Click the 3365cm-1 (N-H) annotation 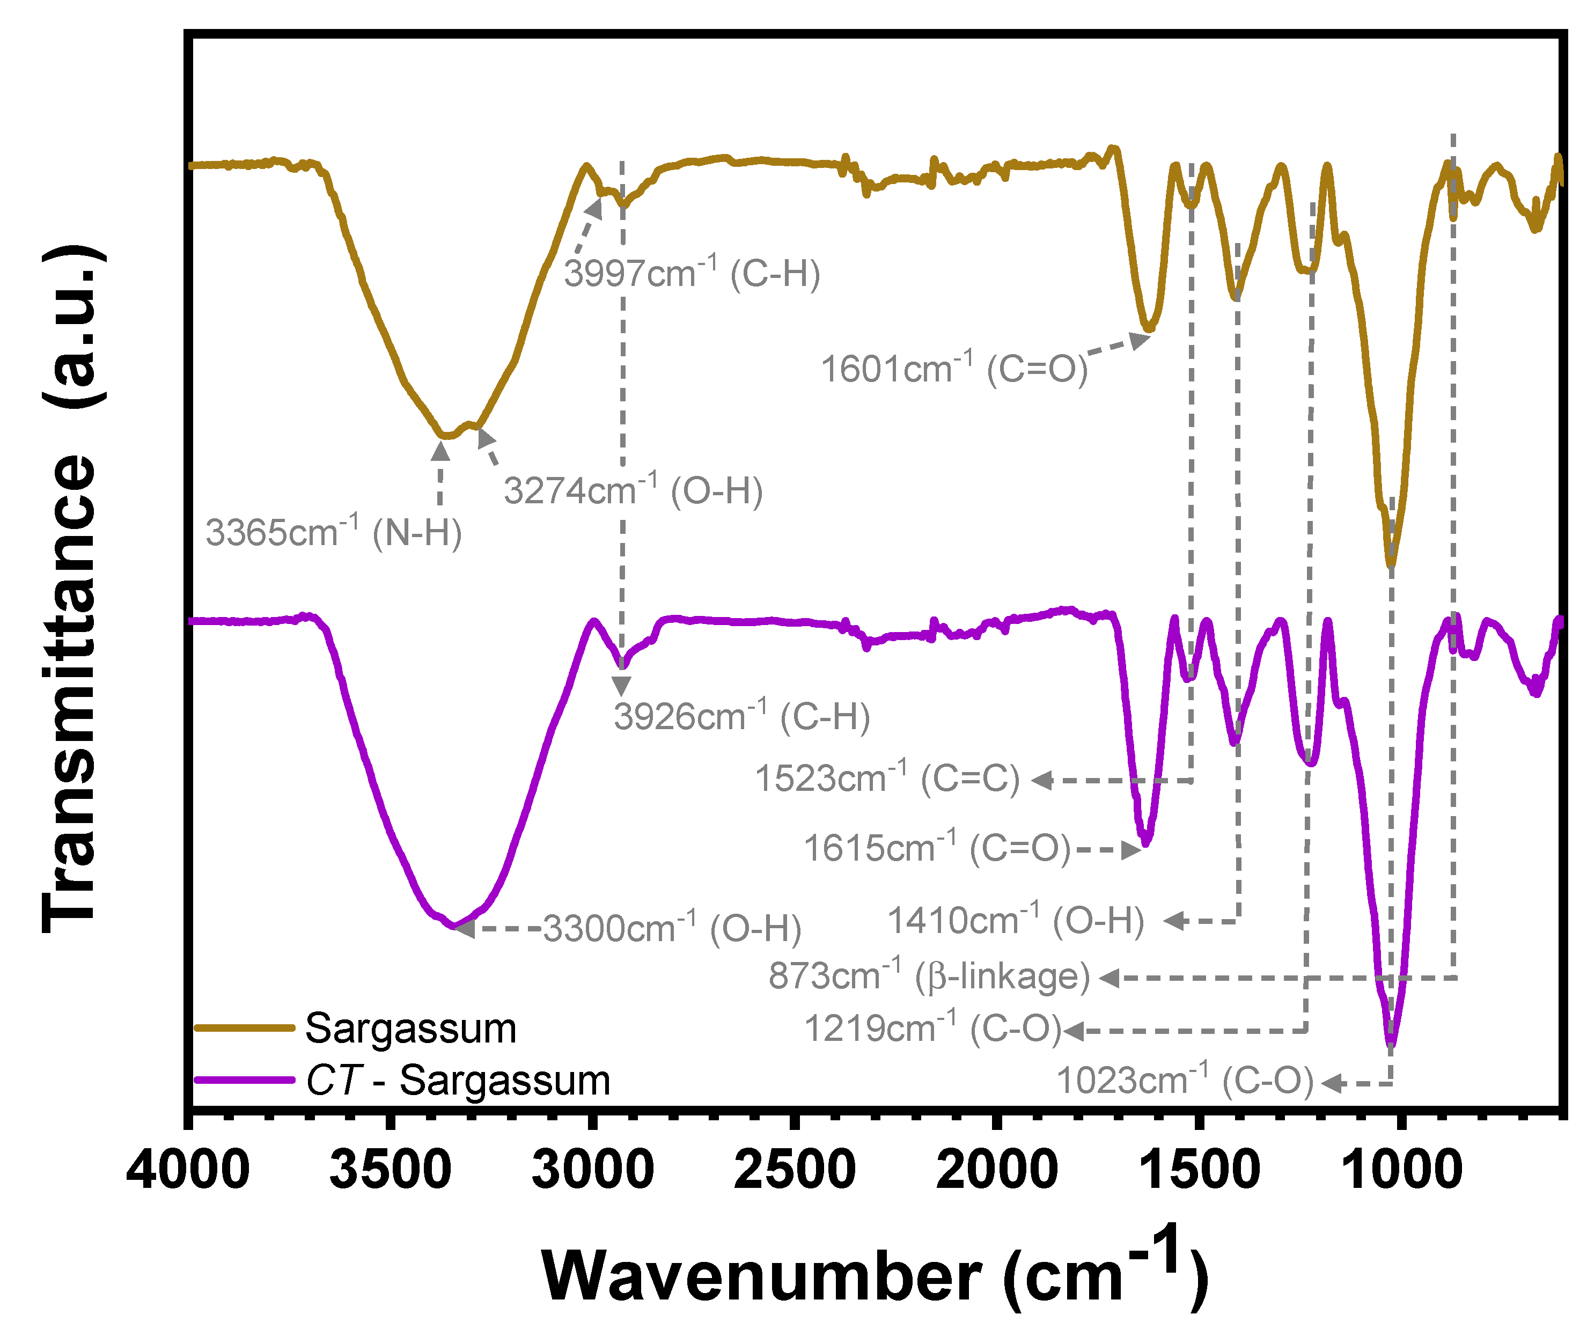coord(333,533)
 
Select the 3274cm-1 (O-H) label coord(633,490)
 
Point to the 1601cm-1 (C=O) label coord(954,369)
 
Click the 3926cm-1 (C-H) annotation coord(741,716)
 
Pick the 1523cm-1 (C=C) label coord(887,778)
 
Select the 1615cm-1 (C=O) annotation coord(936,848)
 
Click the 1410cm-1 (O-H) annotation coord(1015,920)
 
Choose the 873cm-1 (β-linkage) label coord(929,975)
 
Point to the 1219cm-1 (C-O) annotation coord(932,1029)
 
